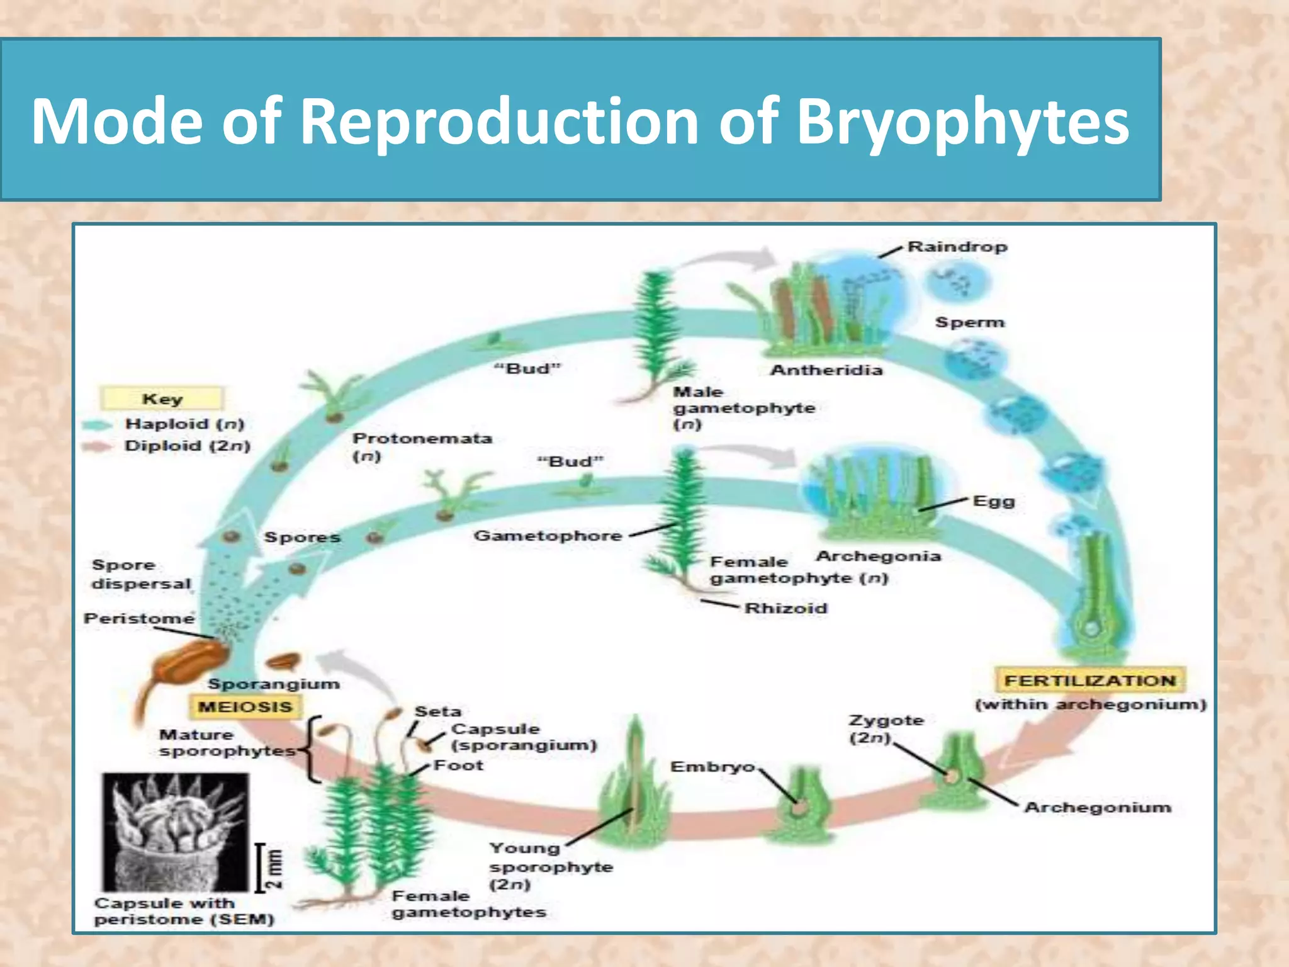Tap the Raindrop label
[957, 247]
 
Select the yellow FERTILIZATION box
[1089, 681]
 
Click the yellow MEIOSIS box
[245, 707]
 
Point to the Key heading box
[162, 399]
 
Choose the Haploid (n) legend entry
[184, 424]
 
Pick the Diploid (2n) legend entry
[187, 446]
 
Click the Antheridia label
[826, 370]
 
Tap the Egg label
[993, 502]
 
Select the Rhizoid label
[785, 608]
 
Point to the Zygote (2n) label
[886, 728]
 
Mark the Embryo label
[712, 767]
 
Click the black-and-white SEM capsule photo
[176, 831]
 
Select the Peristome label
[139, 619]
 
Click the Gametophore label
[548, 536]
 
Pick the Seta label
[438, 711]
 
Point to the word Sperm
[969, 322]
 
